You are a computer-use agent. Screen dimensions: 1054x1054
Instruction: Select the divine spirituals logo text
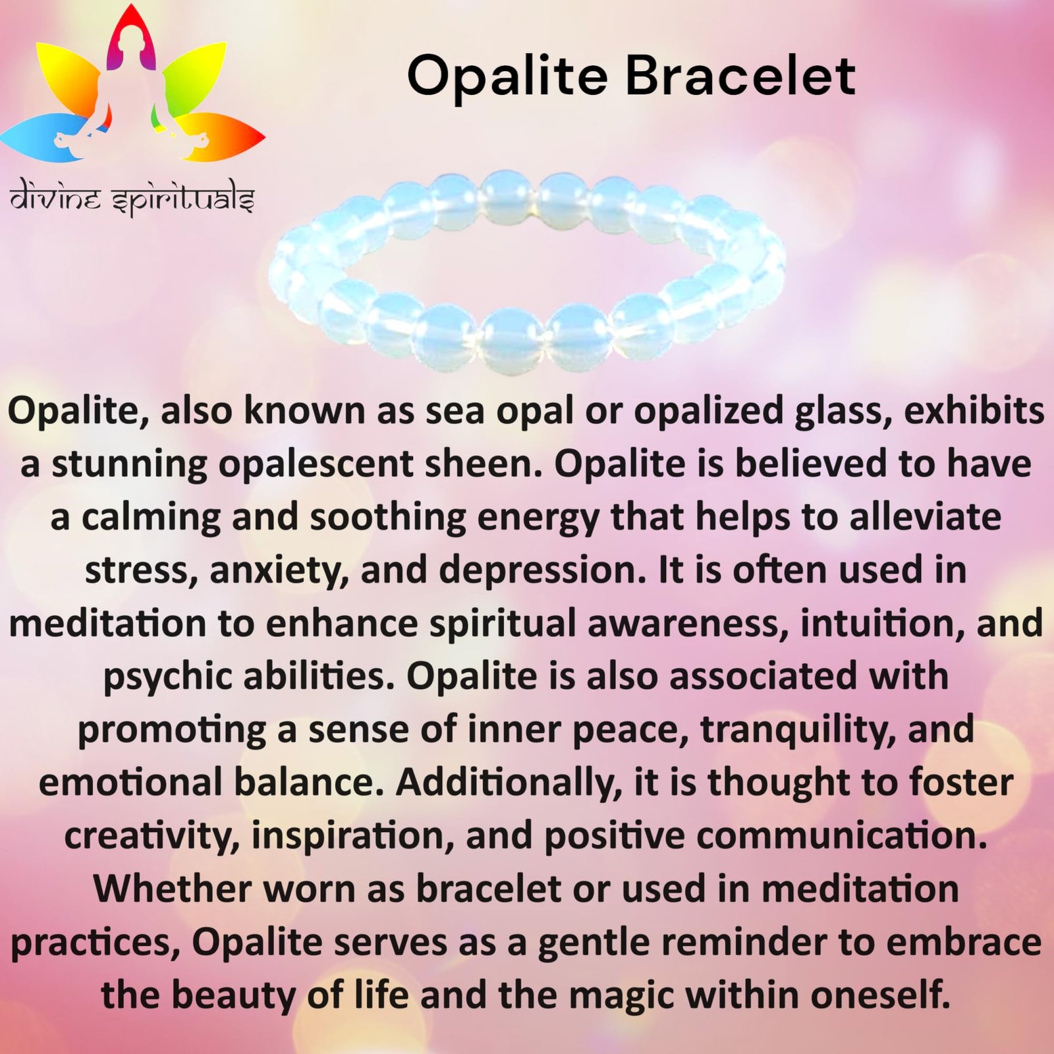click(132, 200)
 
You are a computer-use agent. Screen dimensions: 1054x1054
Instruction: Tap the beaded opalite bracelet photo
click(527, 271)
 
